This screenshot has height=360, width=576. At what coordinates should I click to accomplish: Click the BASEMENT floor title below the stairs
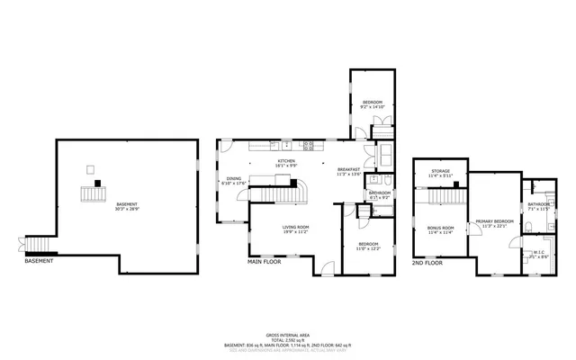click(39, 261)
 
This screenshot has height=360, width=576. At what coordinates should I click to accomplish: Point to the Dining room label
click(233, 178)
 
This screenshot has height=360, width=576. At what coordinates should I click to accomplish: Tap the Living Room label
click(295, 227)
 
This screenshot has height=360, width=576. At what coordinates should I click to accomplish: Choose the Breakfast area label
click(348, 169)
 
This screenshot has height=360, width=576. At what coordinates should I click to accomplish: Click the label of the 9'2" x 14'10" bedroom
click(373, 103)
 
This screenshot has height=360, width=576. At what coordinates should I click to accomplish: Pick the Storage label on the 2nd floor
click(440, 170)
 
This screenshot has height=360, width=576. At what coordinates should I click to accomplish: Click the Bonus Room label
click(440, 227)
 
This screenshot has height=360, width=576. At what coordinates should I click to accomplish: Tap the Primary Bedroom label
click(495, 220)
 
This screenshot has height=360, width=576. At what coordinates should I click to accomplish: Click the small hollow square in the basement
click(90, 168)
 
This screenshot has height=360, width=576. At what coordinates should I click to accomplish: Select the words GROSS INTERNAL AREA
click(288, 332)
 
